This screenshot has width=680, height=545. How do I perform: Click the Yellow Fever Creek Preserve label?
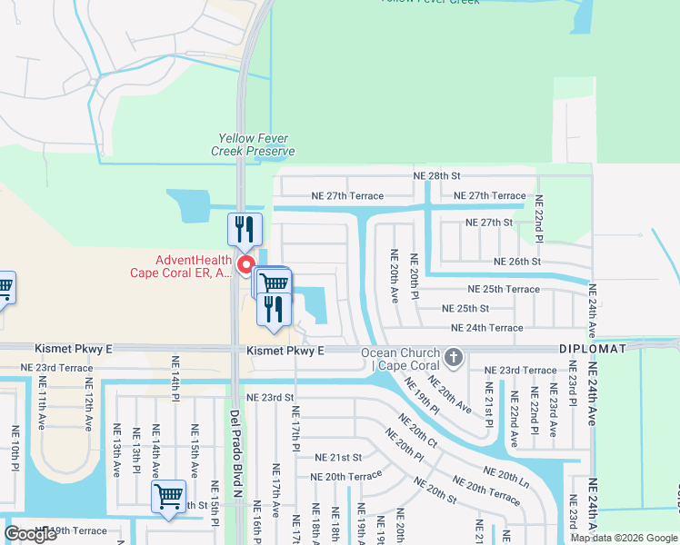pyautogui.click(x=254, y=144)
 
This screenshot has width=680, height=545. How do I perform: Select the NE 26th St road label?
pyautogui.click(x=516, y=262)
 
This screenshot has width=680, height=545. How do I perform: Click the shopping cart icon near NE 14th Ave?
pyautogui.click(x=168, y=497)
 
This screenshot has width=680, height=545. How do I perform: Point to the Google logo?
pyautogui.click(x=30, y=534)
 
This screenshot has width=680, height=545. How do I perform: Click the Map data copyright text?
pyautogui.click(x=624, y=537)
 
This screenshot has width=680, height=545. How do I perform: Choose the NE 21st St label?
pyautogui.click(x=338, y=457)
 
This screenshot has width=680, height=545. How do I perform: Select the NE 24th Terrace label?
pyautogui.click(x=487, y=328)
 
